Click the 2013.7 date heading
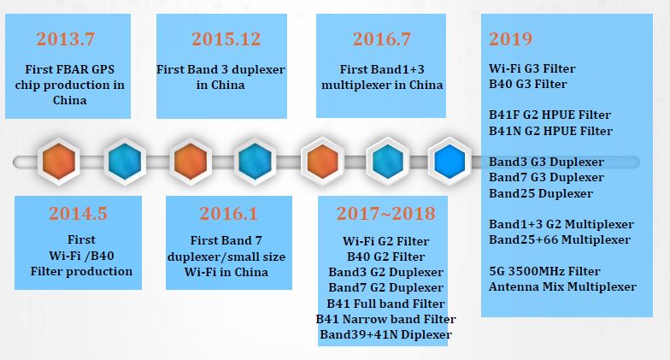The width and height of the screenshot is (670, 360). [65, 39]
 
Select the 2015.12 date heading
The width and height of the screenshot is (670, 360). [226, 39]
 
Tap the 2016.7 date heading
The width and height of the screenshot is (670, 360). [381, 39]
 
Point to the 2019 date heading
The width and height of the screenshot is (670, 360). [511, 39]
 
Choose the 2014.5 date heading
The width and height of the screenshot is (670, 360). [79, 214]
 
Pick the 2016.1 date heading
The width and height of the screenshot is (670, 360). [229, 214]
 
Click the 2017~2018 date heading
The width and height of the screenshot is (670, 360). [386, 214]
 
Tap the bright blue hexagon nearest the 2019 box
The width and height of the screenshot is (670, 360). [450, 161]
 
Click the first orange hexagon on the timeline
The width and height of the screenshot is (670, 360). [58, 161]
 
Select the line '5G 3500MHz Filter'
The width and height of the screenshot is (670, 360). [544, 271]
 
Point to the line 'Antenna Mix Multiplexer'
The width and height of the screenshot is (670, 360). [562, 286]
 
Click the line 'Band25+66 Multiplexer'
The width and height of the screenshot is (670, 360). [560, 239]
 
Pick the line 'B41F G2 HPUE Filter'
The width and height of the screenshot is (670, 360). [550, 115]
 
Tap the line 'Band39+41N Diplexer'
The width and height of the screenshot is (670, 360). [386, 334]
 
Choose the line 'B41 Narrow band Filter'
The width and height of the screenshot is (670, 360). [386, 319]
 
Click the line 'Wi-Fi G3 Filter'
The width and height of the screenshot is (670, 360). [532, 68]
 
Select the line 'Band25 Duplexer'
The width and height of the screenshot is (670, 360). [541, 193]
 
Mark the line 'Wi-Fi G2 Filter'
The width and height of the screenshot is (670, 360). [386, 241]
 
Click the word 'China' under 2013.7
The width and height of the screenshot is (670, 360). [70, 100]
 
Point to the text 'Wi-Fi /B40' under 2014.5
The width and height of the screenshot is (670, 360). [82, 256]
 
